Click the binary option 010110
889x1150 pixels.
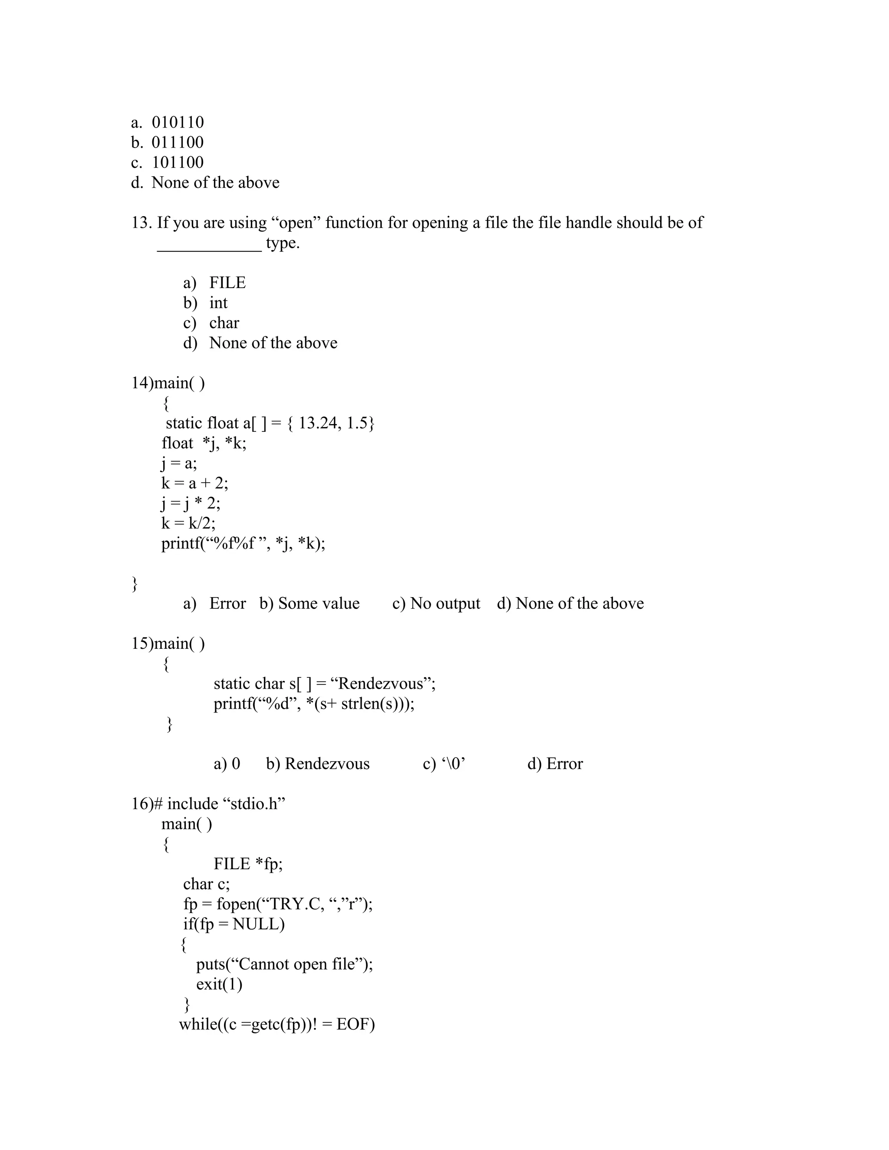coord(178,122)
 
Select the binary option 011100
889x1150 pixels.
coord(178,142)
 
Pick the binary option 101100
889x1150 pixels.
coord(178,162)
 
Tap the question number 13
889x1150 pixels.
coord(141,223)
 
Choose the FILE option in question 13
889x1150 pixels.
coord(227,283)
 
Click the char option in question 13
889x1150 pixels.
coord(224,323)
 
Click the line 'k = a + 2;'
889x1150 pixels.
coord(195,483)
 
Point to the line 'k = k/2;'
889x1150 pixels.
coord(188,523)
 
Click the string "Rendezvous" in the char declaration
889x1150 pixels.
coord(381,683)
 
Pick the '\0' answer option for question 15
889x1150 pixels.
coord(450,763)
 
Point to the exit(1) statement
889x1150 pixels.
coord(219,984)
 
